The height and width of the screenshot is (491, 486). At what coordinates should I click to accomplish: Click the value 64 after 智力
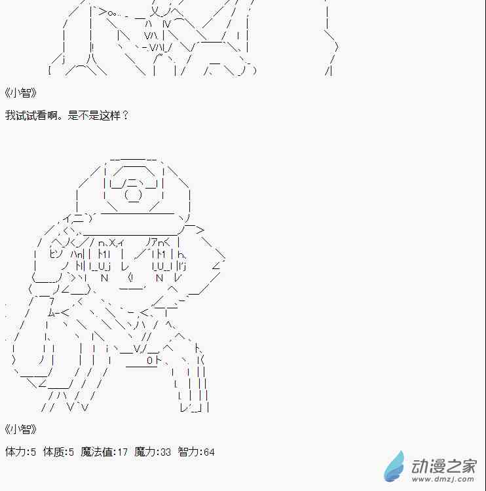pyautogui.click(x=209, y=452)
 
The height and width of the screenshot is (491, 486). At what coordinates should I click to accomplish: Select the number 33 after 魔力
pyautogui.click(x=166, y=452)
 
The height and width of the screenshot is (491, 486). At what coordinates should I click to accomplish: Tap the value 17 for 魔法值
pyautogui.click(x=122, y=452)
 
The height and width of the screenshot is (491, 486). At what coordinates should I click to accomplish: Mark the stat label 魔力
pyautogui.click(x=145, y=452)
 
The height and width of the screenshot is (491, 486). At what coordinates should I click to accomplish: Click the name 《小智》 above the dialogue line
pyautogui.click(x=21, y=93)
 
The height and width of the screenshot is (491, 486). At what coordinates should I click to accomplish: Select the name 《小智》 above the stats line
pyautogui.click(x=21, y=429)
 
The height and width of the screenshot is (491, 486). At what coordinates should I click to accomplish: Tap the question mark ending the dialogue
pyautogui.click(x=125, y=115)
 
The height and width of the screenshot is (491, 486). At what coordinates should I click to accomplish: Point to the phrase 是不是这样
pyautogui.click(x=94, y=115)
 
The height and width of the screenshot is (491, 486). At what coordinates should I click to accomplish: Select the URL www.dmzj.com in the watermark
pyautogui.click(x=443, y=479)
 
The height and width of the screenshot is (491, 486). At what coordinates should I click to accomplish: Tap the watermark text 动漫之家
pyautogui.click(x=443, y=466)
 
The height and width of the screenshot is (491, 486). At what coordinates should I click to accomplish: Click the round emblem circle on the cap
pyautogui.click(x=133, y=194)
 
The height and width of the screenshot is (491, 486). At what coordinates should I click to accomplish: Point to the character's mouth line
pyautogui.click(x=132, y=288)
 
